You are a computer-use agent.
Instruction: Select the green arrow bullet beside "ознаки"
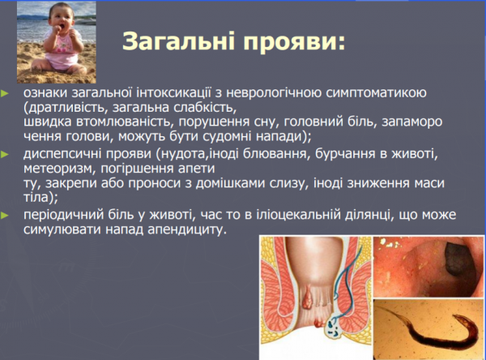coord(6,94)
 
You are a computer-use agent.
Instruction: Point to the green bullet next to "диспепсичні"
coord(6,153)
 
